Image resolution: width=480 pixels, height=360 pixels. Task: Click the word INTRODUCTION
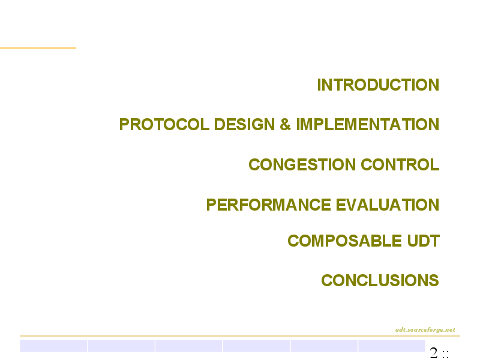(378, 85)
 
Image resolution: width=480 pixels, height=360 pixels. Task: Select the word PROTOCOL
(164, 124)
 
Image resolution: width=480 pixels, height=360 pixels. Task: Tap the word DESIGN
(244, 124)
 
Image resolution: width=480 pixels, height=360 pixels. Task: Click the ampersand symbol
(286, 124)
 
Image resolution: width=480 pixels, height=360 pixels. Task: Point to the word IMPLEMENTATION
(368, 124)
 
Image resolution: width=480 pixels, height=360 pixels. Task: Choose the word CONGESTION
(302, 164)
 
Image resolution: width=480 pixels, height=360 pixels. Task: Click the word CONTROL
(400, 164)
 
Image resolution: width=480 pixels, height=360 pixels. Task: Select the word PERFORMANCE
(268, 205)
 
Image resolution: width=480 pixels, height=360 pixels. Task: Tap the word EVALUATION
(388, 205)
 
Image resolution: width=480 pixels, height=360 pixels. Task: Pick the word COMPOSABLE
(344, 241)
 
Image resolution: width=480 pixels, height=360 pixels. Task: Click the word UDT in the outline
(424, 241)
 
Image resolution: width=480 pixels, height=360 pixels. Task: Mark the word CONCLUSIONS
(380, 280)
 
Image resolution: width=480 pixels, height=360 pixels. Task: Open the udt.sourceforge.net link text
(425, 329)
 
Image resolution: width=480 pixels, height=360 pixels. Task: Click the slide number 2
(434, 353)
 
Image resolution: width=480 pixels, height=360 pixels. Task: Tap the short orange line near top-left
(38, 48)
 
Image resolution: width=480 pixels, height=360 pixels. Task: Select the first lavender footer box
(53, 346)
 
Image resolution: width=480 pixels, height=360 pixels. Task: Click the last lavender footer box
(392, 346)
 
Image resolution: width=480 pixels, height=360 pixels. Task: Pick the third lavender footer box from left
(188, 346)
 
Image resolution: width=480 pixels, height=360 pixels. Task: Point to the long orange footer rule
(240, 336)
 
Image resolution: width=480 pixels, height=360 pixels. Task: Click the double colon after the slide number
(445, 355)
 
